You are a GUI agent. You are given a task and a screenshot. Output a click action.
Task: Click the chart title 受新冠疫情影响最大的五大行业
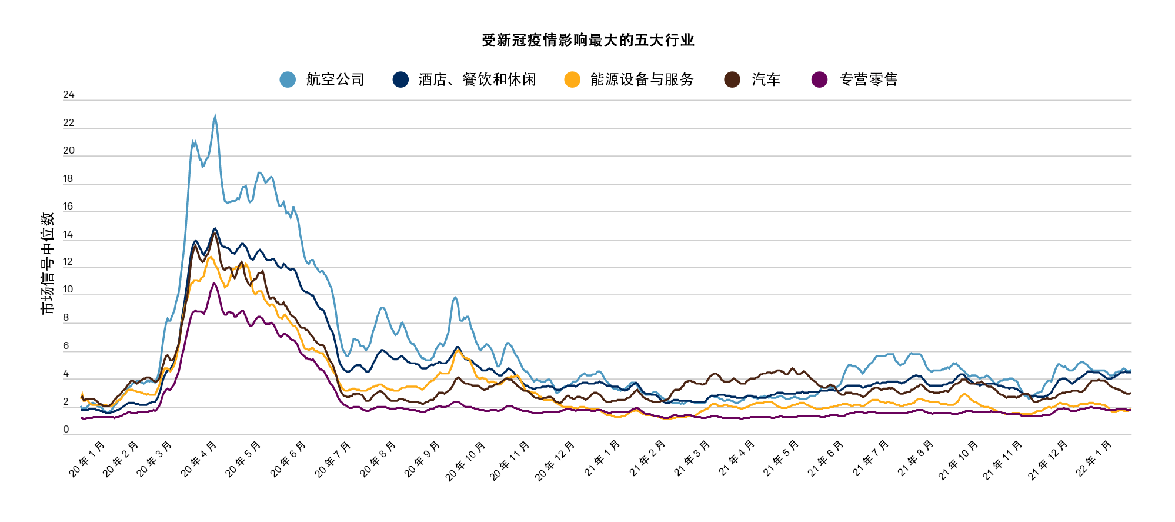(588, 40)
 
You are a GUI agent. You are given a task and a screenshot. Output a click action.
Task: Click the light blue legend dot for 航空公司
(288, 79)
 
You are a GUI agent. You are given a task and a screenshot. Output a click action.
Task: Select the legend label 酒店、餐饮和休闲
(477, 79)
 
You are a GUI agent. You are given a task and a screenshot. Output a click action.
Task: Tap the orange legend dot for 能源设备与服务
(572, 79)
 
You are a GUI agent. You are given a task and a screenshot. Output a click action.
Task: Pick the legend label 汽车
(766, 79)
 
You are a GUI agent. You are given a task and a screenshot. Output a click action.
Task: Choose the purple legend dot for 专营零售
(819, 79)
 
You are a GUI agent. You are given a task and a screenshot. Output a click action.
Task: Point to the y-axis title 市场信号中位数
(48, 263)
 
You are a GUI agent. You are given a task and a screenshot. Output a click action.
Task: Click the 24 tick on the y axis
(69, 95)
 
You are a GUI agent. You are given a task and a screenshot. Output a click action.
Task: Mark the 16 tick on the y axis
(68, 207)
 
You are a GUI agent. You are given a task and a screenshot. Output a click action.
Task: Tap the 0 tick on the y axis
(66, 430)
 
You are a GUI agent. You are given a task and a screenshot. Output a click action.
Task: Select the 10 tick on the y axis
(68, 290)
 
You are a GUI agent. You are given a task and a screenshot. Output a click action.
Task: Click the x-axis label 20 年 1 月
(87, 458)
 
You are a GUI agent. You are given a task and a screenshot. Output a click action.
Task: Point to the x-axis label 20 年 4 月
(199, 458)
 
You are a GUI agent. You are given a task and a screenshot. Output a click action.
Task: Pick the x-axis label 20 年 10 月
(466, 461)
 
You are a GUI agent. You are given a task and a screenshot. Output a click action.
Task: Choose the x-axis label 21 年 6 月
(826, 458)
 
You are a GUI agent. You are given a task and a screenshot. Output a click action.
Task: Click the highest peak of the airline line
(215, 117)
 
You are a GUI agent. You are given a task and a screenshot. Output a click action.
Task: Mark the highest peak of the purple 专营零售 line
(214, 283)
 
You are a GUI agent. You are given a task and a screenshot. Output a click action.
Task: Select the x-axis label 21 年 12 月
(1048, 461)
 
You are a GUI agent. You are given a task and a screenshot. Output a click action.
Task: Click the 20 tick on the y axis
(69, 151)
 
